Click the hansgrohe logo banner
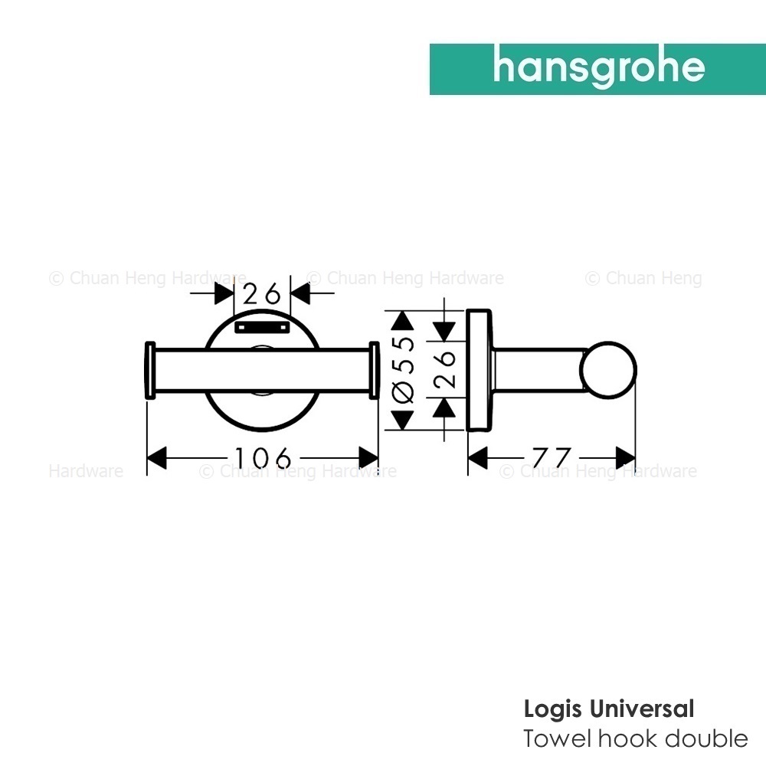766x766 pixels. click(x=597, y=70)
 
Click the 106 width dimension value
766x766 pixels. click(x=264, y=458)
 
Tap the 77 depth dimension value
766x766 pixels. click(x=552, y=458)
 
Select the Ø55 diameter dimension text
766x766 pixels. click(x=403, y=370)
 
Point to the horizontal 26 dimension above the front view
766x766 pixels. click(x=262, y=293)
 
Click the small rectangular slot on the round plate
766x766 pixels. click(x=261, y=327)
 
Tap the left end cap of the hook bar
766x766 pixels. click(x=150, y=370)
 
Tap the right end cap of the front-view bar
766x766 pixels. click(x=374, y=370)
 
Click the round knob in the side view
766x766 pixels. click(x=608, y=370)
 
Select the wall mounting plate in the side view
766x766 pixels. click(x=479, y=370)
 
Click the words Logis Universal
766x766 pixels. click(x=609, y=709)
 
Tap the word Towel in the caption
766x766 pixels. click(x=558, y=738)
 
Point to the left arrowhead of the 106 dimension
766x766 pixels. click(x=157, y=458)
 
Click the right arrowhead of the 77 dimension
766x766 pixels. click(x=626, y=458)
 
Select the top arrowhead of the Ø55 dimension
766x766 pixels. click(x=403, y=320)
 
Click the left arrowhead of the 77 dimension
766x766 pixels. click(x=478, y=458)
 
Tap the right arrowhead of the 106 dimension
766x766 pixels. click(x=369, y=458)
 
